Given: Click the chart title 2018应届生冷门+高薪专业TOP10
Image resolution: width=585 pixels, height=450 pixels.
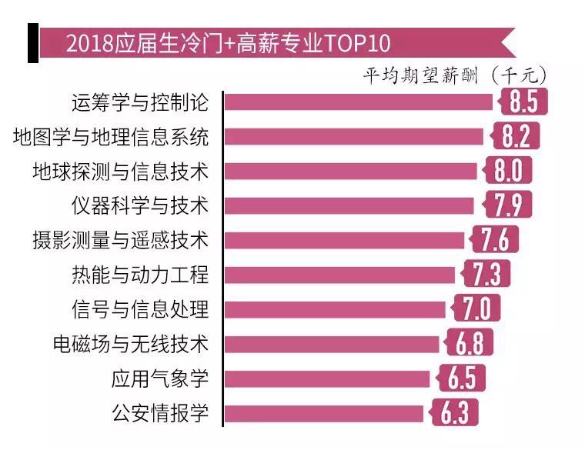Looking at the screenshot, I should pos(229,43).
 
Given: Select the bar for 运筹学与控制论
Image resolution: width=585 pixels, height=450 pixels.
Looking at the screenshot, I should pos(358,102).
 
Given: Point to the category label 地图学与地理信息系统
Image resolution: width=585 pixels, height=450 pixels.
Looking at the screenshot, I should pos(111,137).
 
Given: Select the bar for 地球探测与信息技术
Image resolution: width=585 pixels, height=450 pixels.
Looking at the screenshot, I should pos(350,171).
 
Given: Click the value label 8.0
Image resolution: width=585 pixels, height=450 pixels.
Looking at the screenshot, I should pos(508,171).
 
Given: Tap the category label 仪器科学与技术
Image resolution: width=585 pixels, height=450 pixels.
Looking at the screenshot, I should pos(139,205).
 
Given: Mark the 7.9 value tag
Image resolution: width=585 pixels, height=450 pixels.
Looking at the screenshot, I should pos(507,205).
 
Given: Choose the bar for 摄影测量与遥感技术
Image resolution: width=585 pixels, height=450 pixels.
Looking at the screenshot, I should pos(344,240).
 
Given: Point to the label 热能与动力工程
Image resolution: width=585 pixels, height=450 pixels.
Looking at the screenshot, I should pos(139,275).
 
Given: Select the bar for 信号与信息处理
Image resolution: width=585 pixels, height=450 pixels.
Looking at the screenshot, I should pos(335,309).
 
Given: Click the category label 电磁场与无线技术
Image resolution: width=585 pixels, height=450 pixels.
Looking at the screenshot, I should pos(130,344).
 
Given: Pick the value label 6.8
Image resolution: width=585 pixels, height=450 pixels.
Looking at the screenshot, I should pos(470,344).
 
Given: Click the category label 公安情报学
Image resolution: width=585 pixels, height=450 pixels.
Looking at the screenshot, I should pos(159,413).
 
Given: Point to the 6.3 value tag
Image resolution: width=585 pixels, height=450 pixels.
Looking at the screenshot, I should pos(455,413).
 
